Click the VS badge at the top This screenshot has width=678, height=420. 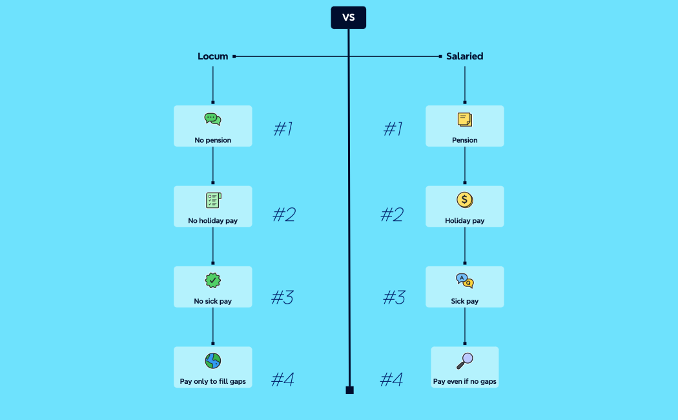point(348,17)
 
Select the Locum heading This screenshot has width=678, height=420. point(213,56)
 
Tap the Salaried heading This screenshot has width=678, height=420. point(465,56)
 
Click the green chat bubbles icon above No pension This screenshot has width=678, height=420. point(212,119)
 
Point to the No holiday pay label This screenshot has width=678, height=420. point(212,221)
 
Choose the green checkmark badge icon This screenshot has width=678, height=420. point(212,280)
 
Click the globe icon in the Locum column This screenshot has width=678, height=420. point(212,361)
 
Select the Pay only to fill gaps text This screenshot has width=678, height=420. point(212,382)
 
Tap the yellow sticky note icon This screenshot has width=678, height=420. point(465,120)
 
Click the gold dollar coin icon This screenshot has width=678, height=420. point(465,200)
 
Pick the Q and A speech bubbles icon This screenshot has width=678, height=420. point(465,281)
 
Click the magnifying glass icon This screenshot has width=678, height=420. point(465,361)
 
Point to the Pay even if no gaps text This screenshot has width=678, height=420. point(465,382)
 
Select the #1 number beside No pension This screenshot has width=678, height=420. point(283,129)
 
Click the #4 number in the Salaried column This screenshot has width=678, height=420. point(391,379)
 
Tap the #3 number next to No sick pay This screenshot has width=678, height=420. point(282,298)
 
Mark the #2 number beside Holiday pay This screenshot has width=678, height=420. point(391,215)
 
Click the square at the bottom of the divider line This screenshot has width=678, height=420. point(349,390)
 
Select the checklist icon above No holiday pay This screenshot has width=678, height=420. point(213,200)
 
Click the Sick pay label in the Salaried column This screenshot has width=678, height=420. point(465,302)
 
